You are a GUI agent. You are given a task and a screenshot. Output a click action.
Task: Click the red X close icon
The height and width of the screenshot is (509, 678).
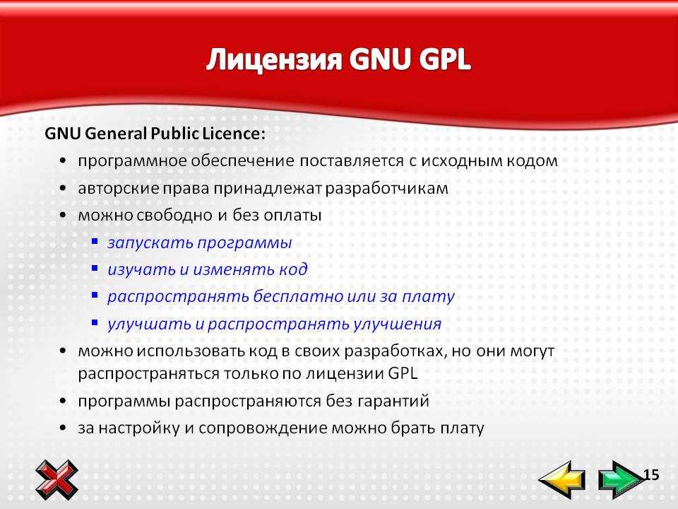click(x=56, y=480)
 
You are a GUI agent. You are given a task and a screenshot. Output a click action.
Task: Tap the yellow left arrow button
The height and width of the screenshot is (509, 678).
click(x=562, y=479)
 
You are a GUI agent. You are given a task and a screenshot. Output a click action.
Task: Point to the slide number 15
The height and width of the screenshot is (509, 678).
click(x=651, y=475)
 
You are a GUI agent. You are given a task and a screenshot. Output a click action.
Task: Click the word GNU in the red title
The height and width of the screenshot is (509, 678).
click(x=379, y=59)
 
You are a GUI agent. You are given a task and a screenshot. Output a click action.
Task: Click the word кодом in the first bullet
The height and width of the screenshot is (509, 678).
click(x=531, y=161)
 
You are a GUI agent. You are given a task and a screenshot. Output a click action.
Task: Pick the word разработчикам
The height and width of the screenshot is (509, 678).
click(x=386, y=189)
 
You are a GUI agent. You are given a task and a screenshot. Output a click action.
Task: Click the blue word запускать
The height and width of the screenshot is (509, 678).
click(x=150, y=242)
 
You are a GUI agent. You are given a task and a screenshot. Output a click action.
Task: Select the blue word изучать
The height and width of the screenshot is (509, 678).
click(x=141, y=269)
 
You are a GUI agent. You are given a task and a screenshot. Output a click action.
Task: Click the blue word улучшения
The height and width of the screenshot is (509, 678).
click(x=397, y=324)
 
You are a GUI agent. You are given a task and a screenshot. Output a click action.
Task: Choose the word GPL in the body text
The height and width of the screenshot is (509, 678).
click(x=403, y=373)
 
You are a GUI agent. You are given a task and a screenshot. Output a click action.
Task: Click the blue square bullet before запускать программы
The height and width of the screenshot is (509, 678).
click(x=95, y=241)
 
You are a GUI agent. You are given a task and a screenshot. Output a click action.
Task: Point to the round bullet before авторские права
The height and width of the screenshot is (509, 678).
click(x=63, y=188)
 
